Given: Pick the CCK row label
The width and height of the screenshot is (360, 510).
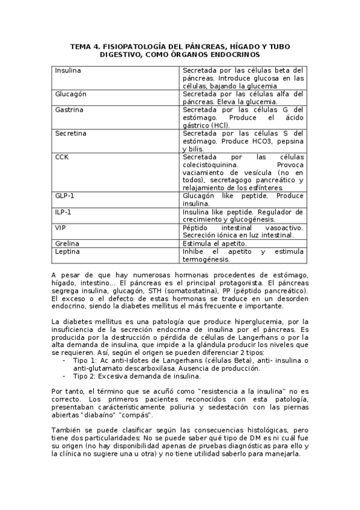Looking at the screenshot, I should pyautogui.click(x=61, y=156).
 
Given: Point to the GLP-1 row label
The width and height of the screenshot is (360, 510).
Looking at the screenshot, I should pyautogui.click(x=63, y=195).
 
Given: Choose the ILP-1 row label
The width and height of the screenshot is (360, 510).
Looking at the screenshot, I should pyautogui.click(x=63, y=212).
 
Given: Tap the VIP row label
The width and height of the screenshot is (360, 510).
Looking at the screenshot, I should pyautogui.click(x=60, y=227).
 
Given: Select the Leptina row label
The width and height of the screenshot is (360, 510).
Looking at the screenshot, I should pyautogui.click(x=67, y=251).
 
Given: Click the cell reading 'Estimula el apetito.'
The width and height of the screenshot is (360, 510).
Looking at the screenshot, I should pyautogui.click(x=214, y=244).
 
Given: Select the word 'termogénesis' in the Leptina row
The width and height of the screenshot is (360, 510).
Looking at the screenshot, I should pyautogui.click(x=206, y=259).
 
